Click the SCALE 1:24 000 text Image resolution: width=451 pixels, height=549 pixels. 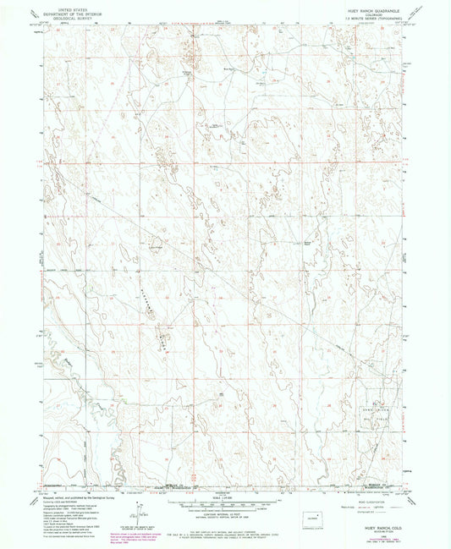(225, 497)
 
